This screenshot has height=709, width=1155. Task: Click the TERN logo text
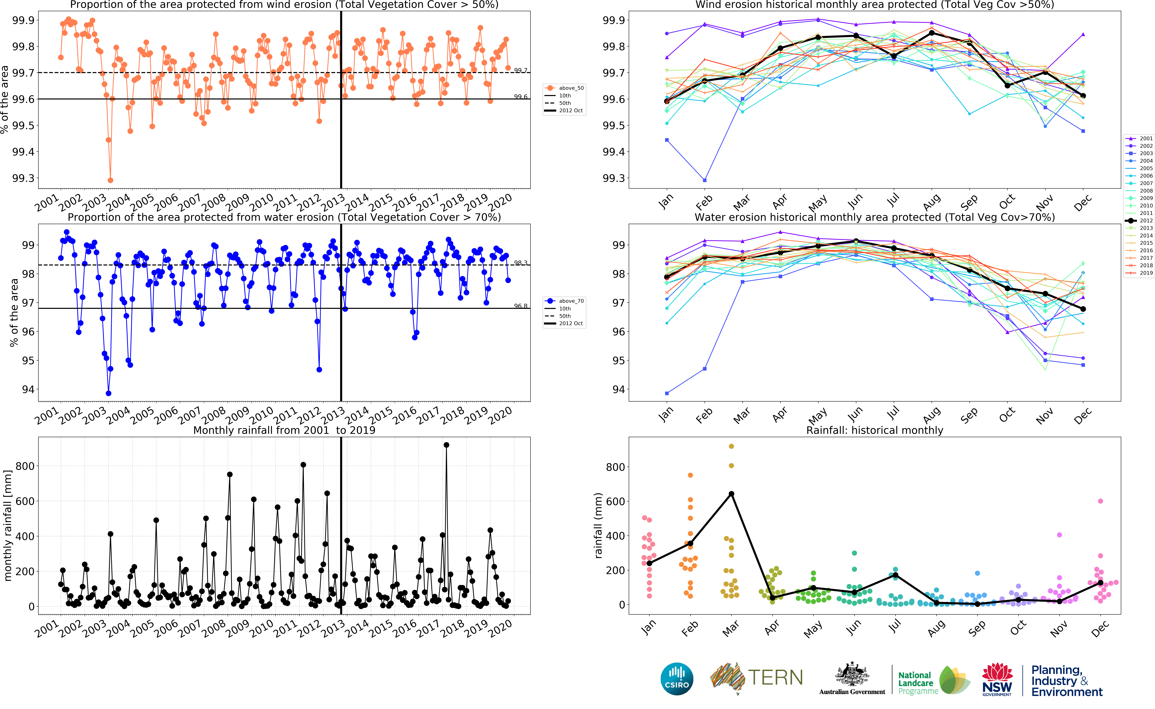pos(775,678)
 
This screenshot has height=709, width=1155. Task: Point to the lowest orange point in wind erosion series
pos(110,180)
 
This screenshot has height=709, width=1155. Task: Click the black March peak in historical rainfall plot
pos(731,494)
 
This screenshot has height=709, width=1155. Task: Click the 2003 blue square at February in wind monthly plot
pos(704,180)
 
